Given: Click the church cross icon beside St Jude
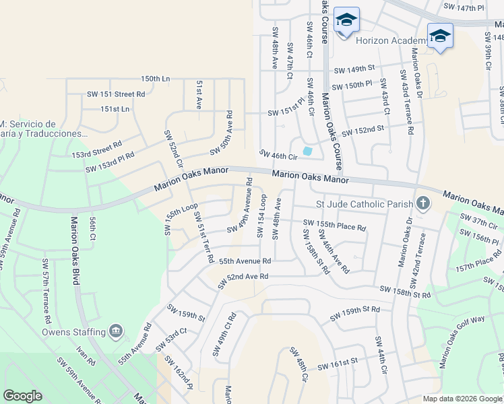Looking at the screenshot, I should [x=422, y=203].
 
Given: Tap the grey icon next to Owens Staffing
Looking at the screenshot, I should [x=116, y=331].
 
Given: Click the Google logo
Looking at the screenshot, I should [x=22, y=396].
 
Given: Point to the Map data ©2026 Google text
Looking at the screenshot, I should [x=462, y=399].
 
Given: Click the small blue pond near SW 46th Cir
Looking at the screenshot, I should [x=308, y=151].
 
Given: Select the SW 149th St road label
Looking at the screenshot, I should [x=354, y=69].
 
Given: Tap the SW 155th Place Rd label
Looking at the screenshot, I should [x=334, y=225].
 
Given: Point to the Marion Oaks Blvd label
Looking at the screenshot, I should [x=75, y=250].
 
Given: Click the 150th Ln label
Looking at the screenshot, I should [x=155, y=79].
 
